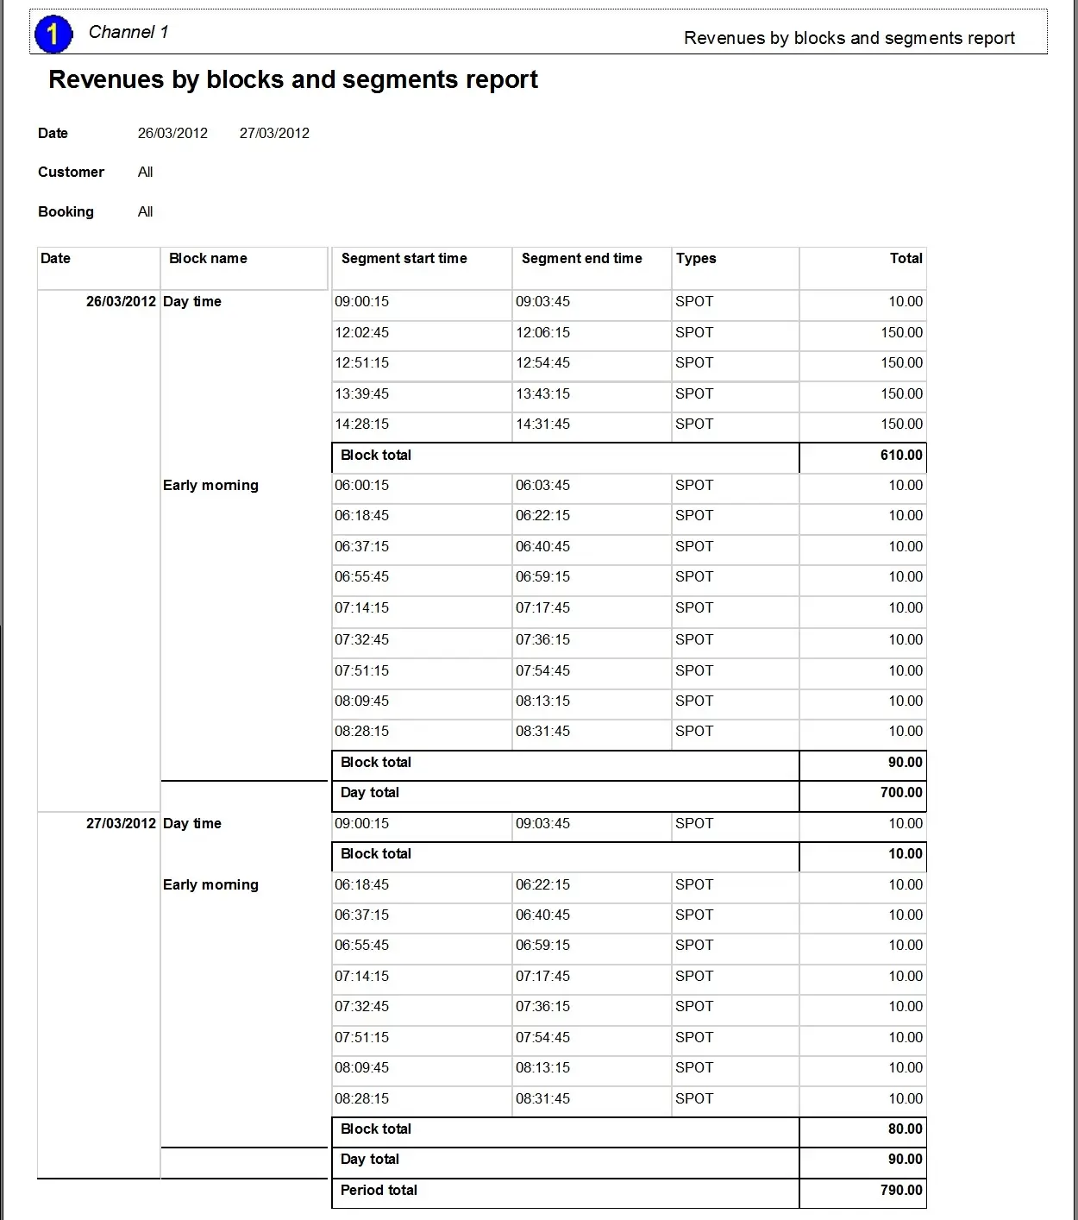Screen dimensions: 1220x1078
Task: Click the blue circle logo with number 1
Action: [x=53, y=35]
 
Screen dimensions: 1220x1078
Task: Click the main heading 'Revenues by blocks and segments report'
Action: [x=293, y=80]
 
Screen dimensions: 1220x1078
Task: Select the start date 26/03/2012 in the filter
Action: [x=172, y=134]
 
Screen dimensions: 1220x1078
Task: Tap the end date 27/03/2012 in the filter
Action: [x=274, y=134]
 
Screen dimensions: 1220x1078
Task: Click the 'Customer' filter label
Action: [x=71, y=173]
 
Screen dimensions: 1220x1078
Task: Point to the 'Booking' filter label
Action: [x=66, y=212]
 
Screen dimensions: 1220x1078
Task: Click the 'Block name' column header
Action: [x=208, y=259]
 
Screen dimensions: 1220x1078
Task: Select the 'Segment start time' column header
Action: [x=404, y=259]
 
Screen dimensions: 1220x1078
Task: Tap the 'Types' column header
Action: [x=696, y=259]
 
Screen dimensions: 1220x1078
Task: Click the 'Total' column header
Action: [x=906, y=259]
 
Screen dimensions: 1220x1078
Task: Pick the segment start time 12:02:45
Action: [x=361, y=333]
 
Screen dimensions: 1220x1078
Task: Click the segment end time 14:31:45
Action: [x=542, y=424]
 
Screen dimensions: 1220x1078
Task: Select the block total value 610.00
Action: [x=901, y=456]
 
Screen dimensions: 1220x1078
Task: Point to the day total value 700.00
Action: [x=901, y=793]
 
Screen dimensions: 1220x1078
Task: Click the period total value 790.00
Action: [x=901, y=1191]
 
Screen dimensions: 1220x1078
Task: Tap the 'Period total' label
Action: [x=379, y=1191]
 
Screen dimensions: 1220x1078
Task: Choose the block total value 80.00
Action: [x=905, y=1129]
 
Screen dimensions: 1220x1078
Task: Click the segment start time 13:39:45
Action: [x=361, y=394]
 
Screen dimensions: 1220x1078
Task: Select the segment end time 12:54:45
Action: [x=542, y=363]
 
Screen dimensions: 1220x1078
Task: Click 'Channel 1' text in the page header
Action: [x=128, y=33]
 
